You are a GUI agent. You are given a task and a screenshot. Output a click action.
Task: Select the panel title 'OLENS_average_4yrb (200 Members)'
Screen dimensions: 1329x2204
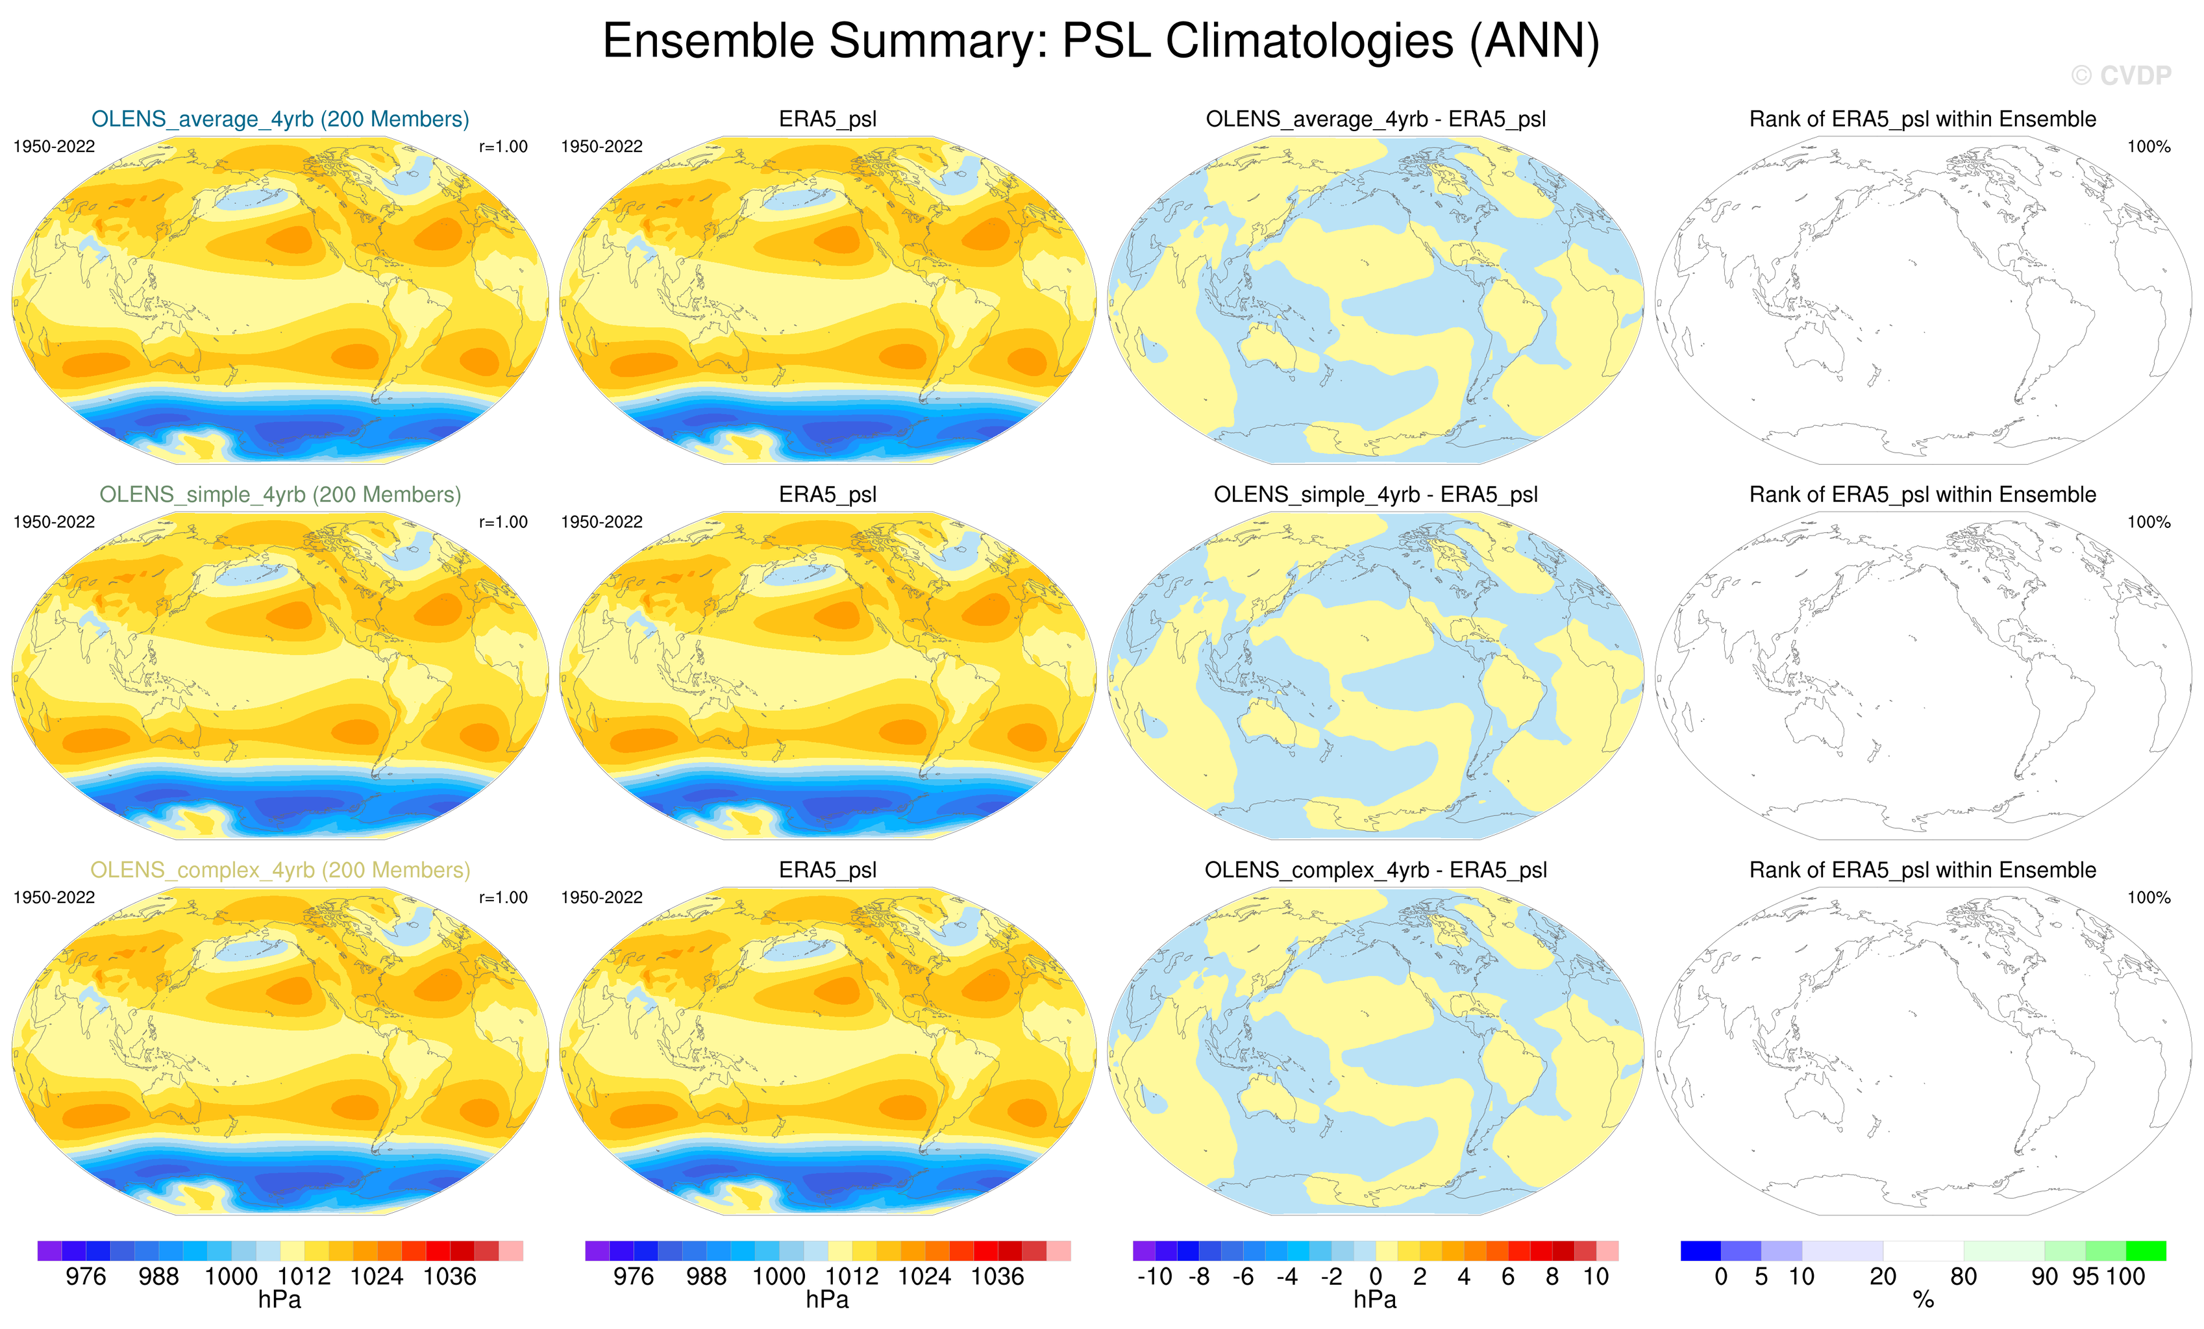280,119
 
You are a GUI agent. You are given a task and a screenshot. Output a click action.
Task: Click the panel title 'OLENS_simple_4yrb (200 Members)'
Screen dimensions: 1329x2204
280,495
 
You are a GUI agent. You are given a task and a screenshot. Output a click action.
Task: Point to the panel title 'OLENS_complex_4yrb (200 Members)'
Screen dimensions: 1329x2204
280,870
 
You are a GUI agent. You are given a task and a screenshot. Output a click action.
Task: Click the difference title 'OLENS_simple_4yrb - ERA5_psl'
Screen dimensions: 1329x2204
1376,495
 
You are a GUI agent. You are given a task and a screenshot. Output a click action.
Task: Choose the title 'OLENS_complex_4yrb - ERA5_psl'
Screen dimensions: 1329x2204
1376,870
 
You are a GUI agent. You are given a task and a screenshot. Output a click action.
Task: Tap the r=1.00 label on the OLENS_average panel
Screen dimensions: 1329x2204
502,147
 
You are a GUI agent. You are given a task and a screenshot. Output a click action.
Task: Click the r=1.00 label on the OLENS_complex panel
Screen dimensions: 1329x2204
502,898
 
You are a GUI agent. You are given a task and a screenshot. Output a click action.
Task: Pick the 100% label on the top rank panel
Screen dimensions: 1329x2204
2149,147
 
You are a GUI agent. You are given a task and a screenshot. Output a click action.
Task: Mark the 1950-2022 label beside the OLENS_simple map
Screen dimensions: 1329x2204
54,522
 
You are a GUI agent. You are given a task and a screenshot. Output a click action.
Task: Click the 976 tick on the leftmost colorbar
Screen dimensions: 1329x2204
86,1276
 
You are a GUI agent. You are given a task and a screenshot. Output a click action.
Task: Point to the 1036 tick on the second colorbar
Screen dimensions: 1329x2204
997,1276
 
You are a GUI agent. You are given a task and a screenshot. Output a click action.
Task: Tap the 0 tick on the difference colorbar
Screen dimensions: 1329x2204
1376,1276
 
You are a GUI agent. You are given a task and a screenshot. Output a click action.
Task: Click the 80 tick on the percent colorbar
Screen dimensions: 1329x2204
1963,1276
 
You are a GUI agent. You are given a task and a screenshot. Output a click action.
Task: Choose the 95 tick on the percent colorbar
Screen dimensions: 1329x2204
2085,1276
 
